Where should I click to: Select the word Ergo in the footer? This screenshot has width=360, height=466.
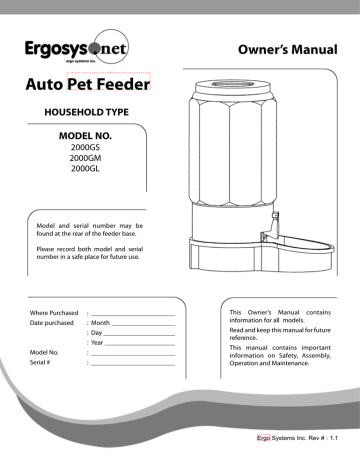(x=263, y=438)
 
